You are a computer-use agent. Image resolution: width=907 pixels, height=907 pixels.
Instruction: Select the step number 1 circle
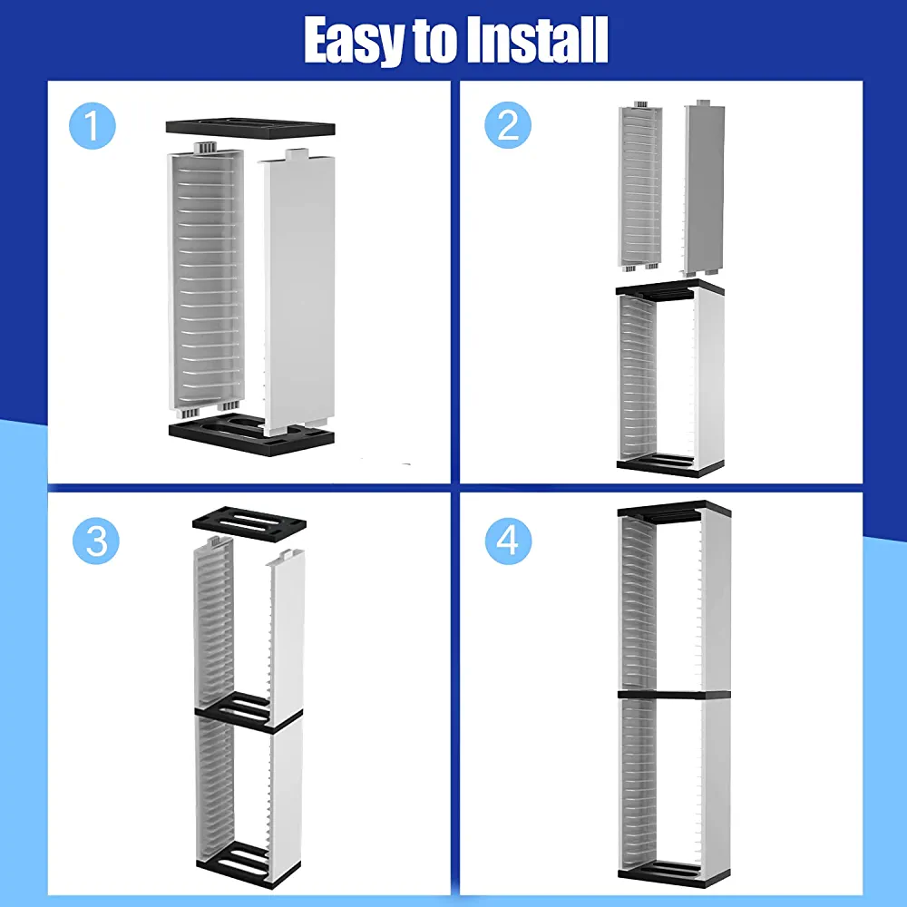[x=92, y=125]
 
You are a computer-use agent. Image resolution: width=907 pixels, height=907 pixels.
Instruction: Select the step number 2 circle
[x=508, y=125]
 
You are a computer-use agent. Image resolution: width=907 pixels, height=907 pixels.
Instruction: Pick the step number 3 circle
[x=96, y=541]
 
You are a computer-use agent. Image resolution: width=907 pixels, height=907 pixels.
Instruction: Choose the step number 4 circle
[x=509, y=541]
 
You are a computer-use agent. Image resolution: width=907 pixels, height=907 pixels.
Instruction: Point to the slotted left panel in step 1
[x=205, y=280]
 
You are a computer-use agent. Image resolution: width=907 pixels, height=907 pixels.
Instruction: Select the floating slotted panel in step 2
[x=639, y=186]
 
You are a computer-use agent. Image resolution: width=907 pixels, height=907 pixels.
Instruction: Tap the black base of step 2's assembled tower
[x=670, y=464]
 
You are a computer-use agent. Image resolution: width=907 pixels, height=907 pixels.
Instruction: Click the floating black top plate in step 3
[x=249, y=523]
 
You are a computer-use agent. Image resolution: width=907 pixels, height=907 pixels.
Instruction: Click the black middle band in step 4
[x=674, y=695]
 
